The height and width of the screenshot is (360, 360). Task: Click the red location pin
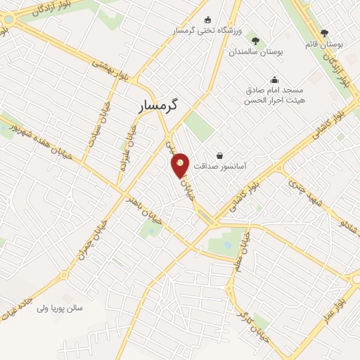(181, 165)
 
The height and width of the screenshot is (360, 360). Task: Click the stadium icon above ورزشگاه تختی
(207, 20)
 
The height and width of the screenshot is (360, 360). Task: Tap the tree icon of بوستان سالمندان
(255, 40)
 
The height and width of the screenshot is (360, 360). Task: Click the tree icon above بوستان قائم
(324, 33)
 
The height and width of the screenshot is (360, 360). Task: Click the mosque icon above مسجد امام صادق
(274, 79)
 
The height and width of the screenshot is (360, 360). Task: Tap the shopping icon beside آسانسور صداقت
(220, 155)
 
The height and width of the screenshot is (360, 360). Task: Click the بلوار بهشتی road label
(113, 70)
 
